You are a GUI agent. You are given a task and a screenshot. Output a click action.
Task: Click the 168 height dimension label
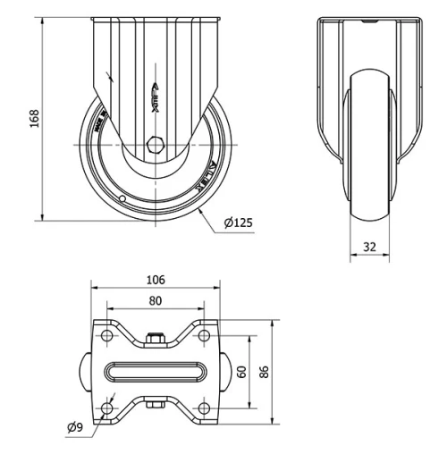click(x=34, y=119)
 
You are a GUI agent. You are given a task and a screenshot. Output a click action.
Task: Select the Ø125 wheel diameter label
click(x=236, y=223)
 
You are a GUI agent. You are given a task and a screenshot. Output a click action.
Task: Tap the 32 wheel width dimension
click(x=368, y=245)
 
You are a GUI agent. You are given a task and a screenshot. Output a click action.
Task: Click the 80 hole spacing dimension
click(x=155, y=301)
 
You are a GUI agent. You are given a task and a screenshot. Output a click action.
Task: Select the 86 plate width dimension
click(x=264, y=371)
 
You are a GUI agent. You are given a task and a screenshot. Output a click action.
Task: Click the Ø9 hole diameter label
click(x=76, y=427)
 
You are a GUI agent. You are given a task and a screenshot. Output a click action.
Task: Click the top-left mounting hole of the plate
click(x=107, y=335)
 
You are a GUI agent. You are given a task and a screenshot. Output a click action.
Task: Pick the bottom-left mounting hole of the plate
click(x=107, y=408)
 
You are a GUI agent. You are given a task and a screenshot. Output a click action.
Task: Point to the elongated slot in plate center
click(x=155, y=372)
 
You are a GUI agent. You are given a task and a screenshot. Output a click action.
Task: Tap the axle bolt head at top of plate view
click(x=155, y=338)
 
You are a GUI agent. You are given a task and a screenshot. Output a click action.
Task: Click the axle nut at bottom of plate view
click(x=155, y=407)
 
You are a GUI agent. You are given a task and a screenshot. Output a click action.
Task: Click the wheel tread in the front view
click(x=367, y=143)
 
